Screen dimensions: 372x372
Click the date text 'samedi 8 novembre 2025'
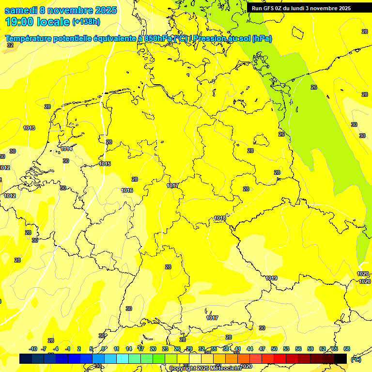click(61, 10)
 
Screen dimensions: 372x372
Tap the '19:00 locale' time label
click(37, 22)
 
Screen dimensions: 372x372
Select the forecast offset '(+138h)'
click(86, 22)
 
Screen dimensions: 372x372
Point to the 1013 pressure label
click(29, 128)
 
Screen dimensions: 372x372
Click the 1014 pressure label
click(67, 149)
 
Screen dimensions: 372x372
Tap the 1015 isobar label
click(105, 164)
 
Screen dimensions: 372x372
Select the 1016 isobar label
click(127, 190)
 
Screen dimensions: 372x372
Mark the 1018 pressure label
click(220, 218)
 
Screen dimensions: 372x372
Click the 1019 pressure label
click(271, 278)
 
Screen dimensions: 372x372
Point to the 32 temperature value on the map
click(10, 45)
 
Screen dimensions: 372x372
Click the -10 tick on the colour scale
click(33, 349)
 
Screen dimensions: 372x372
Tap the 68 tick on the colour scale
click(347, 349)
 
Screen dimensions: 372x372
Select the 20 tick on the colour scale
click(153, 349)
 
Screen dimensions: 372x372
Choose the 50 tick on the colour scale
click(274, 349)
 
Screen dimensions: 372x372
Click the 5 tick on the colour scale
click(92, 349)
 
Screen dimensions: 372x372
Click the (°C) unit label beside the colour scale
click(356, 359)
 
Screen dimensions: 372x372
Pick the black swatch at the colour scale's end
click(341, 358)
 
